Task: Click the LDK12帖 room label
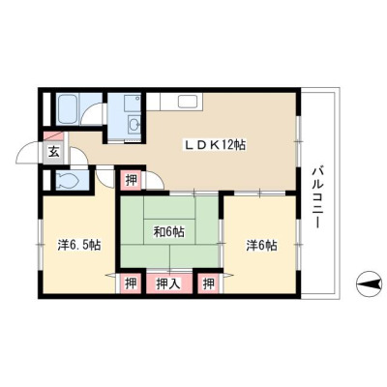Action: [215, 145]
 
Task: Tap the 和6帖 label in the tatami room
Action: [168, 231]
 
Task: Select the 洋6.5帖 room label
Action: [79, 246]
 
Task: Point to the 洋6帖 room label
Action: [261, 246]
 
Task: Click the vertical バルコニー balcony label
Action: [317, 197]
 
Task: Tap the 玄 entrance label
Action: [54, 151]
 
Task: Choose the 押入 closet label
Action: [168, 283]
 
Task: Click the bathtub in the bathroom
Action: [69, 109]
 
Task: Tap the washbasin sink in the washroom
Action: [134, 123]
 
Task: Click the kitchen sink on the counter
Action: [190, 102]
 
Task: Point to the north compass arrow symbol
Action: [369, 283]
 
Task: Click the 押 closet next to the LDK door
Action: [132, 180]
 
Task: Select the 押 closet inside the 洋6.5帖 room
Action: [132, 283]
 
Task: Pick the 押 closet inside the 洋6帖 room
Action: [209, 283]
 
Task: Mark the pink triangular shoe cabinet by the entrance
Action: [51, 135]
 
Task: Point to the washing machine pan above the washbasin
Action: [133, 104]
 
